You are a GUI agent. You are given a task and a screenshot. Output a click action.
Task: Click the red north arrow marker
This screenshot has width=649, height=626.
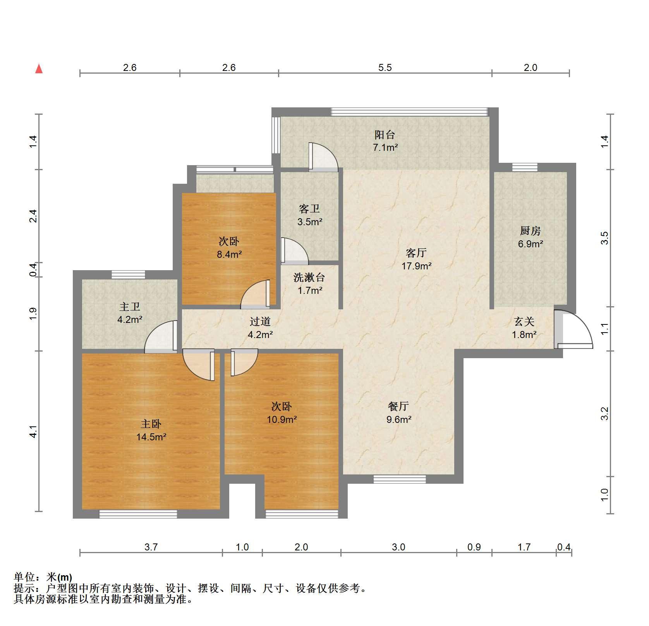(39, 69)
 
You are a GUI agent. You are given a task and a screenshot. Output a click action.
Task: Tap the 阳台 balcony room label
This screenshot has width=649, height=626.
(385, 135)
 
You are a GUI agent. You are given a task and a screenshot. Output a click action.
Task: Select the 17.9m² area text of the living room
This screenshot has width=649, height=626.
(416, 266)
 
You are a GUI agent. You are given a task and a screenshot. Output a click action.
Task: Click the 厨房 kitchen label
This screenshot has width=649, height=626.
(530, 231)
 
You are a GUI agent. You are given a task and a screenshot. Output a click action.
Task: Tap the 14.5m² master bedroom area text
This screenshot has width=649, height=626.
(151, 437)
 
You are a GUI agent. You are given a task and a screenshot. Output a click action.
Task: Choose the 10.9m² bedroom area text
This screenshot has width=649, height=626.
(282, 419)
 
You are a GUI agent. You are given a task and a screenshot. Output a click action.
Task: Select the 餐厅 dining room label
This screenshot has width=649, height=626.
(398, 406)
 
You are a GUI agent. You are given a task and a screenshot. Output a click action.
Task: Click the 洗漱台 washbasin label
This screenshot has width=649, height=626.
(309, 278)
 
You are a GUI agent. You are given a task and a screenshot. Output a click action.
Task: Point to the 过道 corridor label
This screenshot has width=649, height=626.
(260, 321)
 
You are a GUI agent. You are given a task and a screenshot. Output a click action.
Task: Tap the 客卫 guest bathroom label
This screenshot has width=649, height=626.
(309, 209)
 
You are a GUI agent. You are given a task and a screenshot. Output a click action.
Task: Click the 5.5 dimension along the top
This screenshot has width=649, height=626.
(385, 68)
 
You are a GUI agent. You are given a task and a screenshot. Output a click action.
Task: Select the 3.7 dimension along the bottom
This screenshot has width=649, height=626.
(151, 547)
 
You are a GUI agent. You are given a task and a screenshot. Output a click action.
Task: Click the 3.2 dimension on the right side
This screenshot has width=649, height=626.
(605, 413)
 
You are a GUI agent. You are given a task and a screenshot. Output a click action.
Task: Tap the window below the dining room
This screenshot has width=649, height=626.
(400, 479)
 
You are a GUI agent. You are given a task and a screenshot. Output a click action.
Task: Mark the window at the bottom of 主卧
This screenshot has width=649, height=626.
(138, 514)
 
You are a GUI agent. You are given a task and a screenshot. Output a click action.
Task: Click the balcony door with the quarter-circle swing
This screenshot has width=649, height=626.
(323, 157)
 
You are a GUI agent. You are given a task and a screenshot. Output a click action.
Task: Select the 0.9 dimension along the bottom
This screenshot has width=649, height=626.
(474, 547)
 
